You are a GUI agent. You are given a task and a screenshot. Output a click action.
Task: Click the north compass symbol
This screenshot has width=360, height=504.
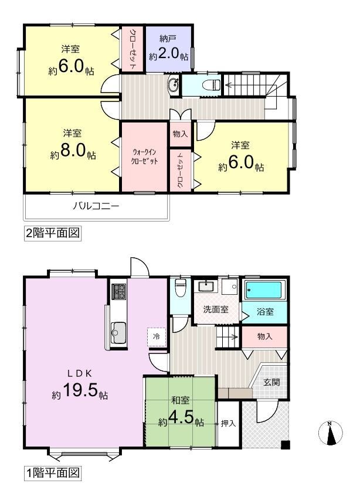point(330,433)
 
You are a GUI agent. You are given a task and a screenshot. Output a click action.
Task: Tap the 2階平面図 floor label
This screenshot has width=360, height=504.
point(52,233)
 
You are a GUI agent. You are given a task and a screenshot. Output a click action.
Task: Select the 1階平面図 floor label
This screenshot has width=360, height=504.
point(52,473)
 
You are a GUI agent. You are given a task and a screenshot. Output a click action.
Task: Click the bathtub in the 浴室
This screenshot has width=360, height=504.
point(265,290)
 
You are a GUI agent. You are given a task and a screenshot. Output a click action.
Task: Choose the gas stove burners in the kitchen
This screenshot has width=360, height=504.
point(119,292)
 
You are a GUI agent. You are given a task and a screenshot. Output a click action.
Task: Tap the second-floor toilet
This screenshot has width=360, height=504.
point(211,85)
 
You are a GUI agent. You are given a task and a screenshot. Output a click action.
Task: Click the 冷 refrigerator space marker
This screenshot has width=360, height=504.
point(157,336)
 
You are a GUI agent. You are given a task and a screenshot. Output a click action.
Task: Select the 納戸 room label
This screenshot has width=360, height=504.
point(168,39)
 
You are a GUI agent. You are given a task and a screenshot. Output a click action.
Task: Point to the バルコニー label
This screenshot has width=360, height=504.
point(96,205)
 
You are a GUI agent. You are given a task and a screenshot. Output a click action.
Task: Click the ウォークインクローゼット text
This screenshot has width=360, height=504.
point(144,156)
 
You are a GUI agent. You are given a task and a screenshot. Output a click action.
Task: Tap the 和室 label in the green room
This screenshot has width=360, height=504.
point(180,400)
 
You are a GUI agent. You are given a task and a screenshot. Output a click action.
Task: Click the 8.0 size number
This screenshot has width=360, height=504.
point(72,150)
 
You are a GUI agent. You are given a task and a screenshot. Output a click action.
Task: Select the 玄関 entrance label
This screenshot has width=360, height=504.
point(272,382)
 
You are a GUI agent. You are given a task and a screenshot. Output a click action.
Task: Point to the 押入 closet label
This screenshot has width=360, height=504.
point(228,423)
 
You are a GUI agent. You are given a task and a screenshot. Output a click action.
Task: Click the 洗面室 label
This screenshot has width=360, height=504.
point(216,309)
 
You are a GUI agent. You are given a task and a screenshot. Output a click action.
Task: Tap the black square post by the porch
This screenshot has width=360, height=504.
point(286,445)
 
